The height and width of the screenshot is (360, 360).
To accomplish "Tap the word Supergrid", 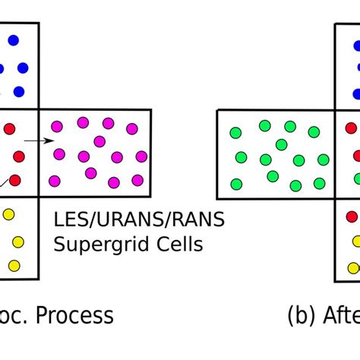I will click(96, 245).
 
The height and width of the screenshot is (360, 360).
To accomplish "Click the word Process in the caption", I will click(74, 315).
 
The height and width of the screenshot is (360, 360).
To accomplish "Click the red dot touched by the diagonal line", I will click(14, 181).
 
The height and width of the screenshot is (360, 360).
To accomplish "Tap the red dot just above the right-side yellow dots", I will click(352, 216).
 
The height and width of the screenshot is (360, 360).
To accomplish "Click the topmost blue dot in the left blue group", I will click(13, 40).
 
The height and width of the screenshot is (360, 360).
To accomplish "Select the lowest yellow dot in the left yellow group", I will click(14, 265).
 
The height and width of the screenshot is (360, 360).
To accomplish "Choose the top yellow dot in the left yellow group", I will click(8, 215).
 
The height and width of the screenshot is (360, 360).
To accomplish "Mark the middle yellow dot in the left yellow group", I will click(18, 242).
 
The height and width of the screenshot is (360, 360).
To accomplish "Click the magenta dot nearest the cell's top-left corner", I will click(56, 125).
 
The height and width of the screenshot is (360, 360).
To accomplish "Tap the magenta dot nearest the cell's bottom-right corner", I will click(137, 180).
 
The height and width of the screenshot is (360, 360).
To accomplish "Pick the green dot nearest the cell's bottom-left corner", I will click(236, 183).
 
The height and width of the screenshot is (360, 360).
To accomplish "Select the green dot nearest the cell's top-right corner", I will click(314, 132).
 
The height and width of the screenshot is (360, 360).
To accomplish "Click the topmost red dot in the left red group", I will click(9, 128).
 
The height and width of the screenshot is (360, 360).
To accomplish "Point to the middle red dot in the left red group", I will click(19, 156).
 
